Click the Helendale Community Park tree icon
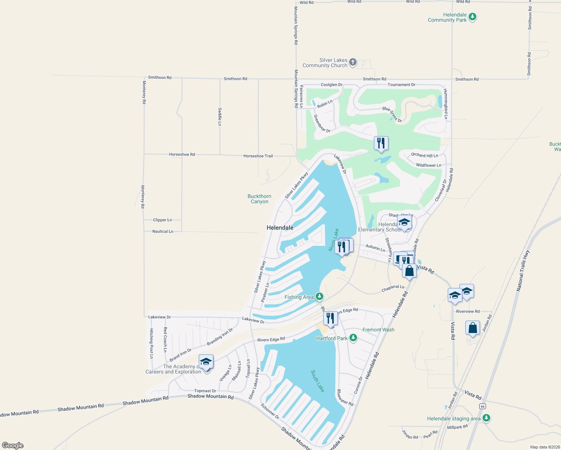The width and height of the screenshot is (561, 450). [x=472, y=17]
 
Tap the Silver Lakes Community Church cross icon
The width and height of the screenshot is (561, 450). [x=353, y=62]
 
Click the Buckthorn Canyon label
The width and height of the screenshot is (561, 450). [x=259, y=199]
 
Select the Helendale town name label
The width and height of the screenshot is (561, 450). [x=280, y=228]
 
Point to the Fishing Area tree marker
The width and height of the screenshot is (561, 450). [x=319, y=297]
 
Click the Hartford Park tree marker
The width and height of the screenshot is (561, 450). [x=353, y=338]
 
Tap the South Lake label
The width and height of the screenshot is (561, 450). [x=317, y=381]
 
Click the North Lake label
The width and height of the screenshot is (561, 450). [x=333, y=240]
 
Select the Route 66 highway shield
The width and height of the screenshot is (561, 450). [x=482, y=406]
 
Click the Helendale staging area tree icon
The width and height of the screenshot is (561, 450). [x=486, y=418]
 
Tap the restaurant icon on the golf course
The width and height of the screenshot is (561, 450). [x=381, y=143]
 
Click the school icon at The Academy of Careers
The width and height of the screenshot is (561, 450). [x=206, y=362]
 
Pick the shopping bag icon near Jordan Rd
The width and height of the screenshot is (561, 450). [x=472, y=328]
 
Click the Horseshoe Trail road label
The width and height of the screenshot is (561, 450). [x=258, y=156]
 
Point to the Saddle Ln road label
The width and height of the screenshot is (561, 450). [x=220, y=117]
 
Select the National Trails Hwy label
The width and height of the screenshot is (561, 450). [x=522, y=271]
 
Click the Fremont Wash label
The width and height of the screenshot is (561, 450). [x=378, y=330]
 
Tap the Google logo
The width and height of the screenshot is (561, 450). [x=13, y=445]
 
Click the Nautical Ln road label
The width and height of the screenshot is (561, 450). [x=163, y=231]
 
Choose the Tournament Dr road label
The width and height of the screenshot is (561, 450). [x=401, y=85]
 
